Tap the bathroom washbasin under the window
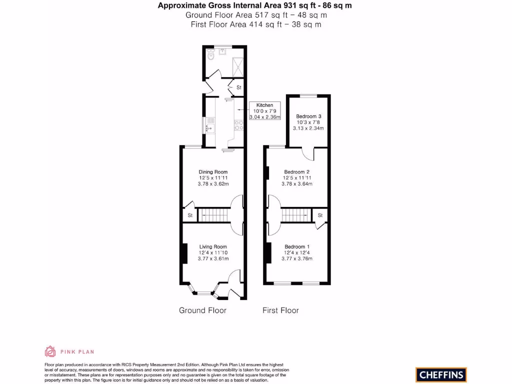(x=222, y=51)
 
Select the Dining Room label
(x=213, y=172)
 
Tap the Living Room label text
(x=213, y=246)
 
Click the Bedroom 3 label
(x=308, y=116)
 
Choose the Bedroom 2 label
(x=297, y=172)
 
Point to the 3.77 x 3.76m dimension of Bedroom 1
(x=297, y=258)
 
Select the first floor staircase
(x=296, y=215)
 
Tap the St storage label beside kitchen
(x=239, y=88)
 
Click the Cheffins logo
(x=440, y=374)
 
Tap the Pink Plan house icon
(x=50, y=351)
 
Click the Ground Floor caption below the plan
(x=202, y=310)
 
